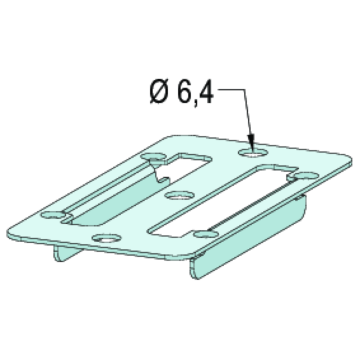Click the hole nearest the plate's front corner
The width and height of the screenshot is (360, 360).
click(x=204, y=235)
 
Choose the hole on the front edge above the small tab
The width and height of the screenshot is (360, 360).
click(x=106, y=239)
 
